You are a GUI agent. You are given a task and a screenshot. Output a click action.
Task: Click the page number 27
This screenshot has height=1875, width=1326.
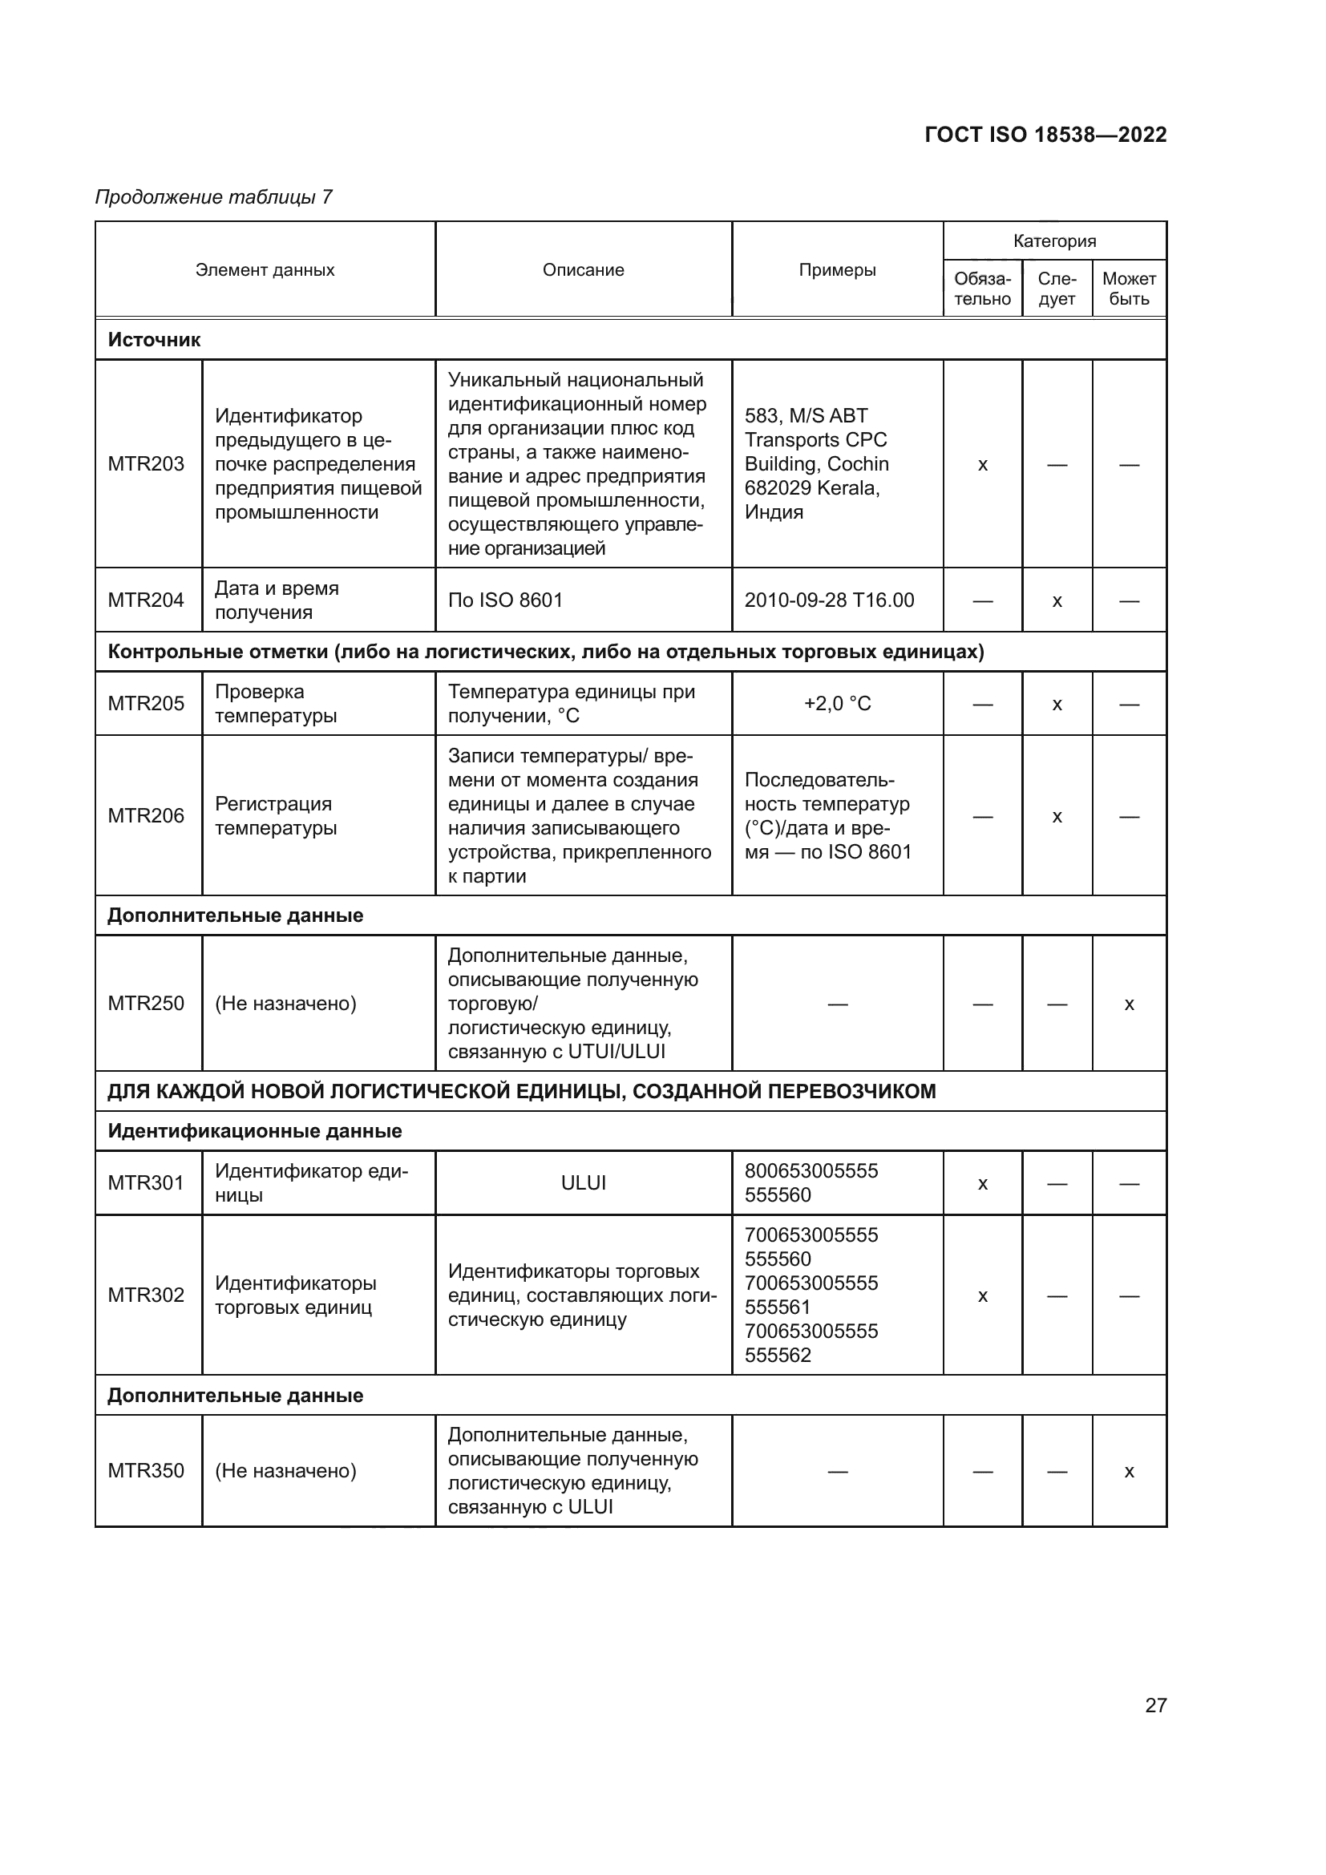1155,1705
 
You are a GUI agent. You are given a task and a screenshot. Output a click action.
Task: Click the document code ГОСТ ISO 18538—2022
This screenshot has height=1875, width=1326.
1045,135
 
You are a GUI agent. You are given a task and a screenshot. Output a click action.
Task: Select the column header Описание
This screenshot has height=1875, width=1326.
583,269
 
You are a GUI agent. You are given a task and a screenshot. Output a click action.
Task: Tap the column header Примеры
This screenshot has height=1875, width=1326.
837,269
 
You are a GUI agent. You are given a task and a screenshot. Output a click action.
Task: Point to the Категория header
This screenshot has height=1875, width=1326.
1054,241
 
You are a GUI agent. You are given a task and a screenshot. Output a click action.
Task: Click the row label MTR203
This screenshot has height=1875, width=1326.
146,464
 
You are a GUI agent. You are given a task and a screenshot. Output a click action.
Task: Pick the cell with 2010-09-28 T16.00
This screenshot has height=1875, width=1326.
829,600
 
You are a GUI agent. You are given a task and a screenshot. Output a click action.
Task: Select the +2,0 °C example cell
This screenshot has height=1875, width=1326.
837,703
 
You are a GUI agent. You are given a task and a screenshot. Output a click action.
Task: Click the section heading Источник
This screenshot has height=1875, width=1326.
154,340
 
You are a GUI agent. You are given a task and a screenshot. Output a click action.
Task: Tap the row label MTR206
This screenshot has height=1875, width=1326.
146,815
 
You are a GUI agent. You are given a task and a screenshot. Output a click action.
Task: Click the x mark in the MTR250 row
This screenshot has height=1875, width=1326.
1130,1004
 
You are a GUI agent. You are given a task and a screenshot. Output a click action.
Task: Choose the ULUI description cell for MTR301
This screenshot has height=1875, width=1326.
583,1182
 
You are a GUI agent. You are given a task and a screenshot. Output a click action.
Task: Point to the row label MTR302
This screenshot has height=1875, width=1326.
146,1295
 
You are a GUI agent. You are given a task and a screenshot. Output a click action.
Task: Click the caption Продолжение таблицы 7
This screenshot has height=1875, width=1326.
214,197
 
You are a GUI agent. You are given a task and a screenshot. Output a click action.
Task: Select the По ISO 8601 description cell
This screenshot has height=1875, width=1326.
505,600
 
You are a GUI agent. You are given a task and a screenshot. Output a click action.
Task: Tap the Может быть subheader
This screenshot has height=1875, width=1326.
1130,289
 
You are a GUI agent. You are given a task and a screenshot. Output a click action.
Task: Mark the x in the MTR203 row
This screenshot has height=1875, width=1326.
982,465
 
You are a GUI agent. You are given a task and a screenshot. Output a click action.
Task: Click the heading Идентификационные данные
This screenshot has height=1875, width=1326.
255,1131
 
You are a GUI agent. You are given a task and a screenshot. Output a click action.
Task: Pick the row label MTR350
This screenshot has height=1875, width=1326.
146,1471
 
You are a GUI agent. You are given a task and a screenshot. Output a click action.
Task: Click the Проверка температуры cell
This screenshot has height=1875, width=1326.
275,703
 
